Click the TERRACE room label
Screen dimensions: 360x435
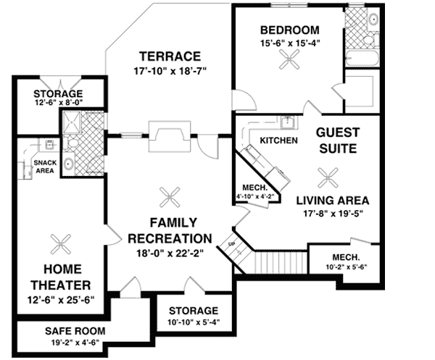pos(170,56)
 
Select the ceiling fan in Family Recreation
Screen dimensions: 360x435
pos(171,194)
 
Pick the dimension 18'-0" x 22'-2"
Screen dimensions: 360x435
pos(171,253)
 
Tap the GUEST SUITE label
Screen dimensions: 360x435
pos(336,141)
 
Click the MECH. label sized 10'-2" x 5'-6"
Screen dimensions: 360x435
pos(346,257)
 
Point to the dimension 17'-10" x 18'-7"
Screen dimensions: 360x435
pos(170,72)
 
